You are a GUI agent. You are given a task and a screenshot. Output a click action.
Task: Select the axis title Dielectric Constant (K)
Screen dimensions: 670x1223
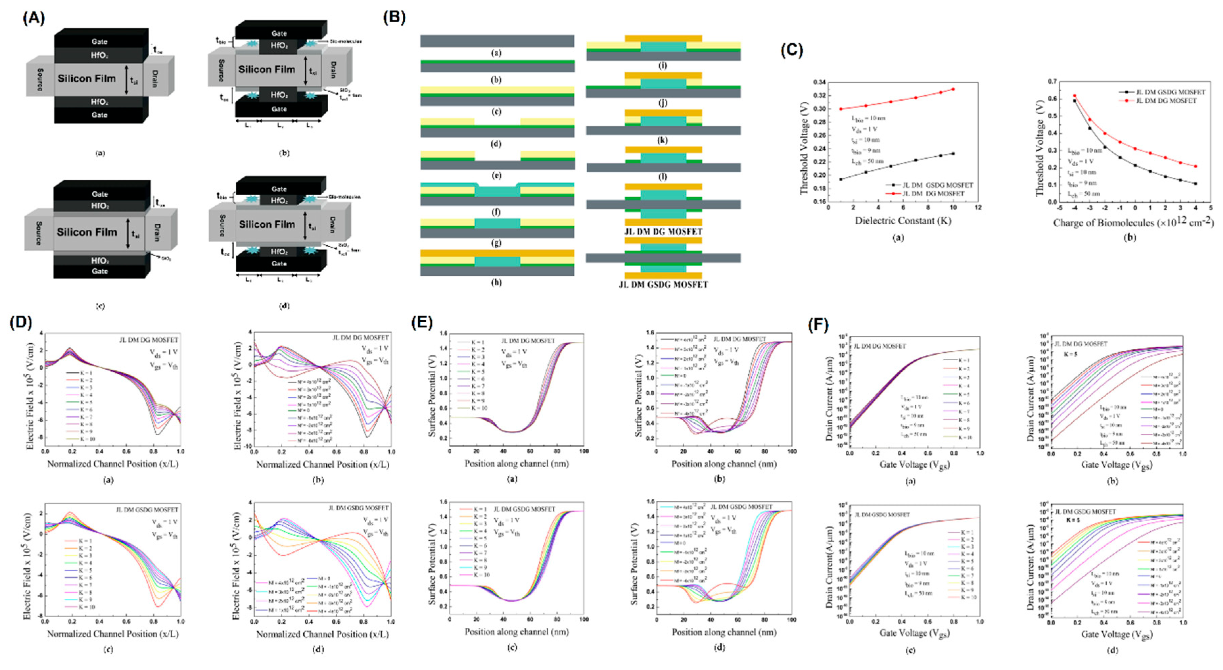pyautogui.click(x=903, y=221)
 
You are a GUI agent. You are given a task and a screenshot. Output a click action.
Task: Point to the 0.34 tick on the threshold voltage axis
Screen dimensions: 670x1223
pyautogui.click(x=820, y=82)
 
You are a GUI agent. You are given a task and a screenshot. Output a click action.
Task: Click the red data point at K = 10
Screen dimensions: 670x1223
pyautogui.click(x=953, y=89)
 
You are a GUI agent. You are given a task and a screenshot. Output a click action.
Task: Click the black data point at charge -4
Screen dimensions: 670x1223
pyautogui.click(x=1075, y=101)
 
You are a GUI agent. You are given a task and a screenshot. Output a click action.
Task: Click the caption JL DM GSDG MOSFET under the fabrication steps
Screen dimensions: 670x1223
pyautogui.click(x=663, y=285)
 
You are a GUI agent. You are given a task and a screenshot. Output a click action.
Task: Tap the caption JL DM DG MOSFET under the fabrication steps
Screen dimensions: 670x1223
pyautogui.click(x=663, y=231)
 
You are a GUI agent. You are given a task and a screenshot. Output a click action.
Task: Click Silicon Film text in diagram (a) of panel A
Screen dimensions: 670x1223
pyautogui.click(x=87, y=79)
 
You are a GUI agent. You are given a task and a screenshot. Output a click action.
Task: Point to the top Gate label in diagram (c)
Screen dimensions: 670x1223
pyautogui.click(x=100, y=194)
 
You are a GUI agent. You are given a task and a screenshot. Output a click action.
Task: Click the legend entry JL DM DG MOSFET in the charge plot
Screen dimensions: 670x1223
pyautogui.click(x=1163, y=101)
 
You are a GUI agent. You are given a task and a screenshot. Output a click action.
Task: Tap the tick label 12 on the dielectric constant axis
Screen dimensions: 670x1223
pyautogui.click(x=978, y=208)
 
